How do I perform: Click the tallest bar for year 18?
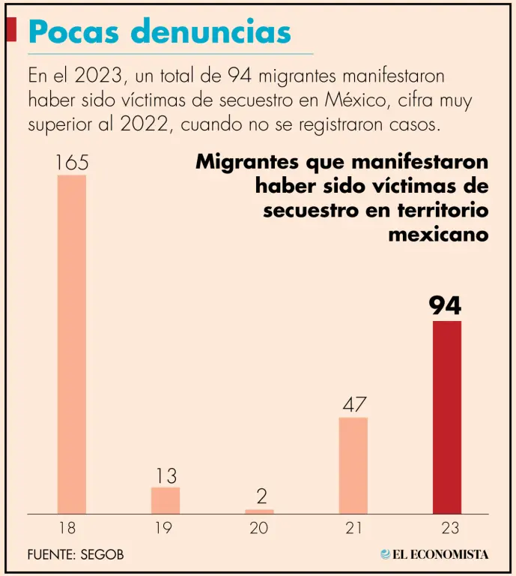(x=72, y=344)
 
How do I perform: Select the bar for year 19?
(x=166, y=500)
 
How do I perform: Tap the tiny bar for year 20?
(x=259, y=511)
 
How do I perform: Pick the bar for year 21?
(x=353, y=465)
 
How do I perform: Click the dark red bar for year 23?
(x=447, y=417)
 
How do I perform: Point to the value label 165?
(x=72, y=162)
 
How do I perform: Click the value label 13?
(x=166, y=475)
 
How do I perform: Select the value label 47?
(x=353, y=406)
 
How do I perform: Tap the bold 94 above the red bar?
(x=445, y=306)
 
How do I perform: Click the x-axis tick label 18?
(x=68, y=528)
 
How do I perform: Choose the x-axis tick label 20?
(x=258, y=528)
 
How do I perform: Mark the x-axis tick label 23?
(x=446, y=528)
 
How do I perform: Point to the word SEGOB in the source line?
(x=100, y=555)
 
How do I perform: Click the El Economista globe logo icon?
(x=385, y=555)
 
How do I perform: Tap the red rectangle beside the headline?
(x=11, y=30)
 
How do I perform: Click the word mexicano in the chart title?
(x=438, y=234)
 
